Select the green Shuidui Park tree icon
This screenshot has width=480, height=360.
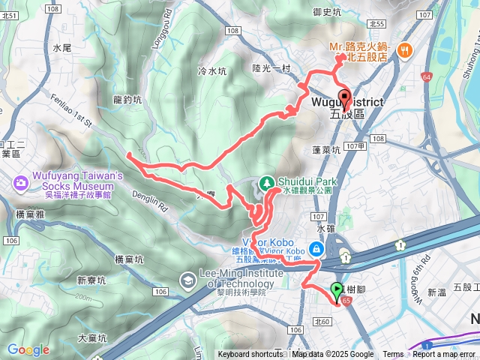266,182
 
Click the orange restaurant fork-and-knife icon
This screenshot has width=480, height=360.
404,50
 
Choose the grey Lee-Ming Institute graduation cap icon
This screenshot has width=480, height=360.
187,280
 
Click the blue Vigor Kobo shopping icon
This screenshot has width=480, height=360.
317,248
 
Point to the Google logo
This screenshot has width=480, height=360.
28,349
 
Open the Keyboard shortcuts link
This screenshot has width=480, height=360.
250,355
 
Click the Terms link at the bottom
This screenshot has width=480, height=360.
393,355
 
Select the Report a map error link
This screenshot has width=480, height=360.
444,355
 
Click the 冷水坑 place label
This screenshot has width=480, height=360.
211,71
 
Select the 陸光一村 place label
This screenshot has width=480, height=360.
271,68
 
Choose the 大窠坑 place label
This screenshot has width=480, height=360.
91,338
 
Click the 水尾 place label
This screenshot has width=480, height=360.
61,47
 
